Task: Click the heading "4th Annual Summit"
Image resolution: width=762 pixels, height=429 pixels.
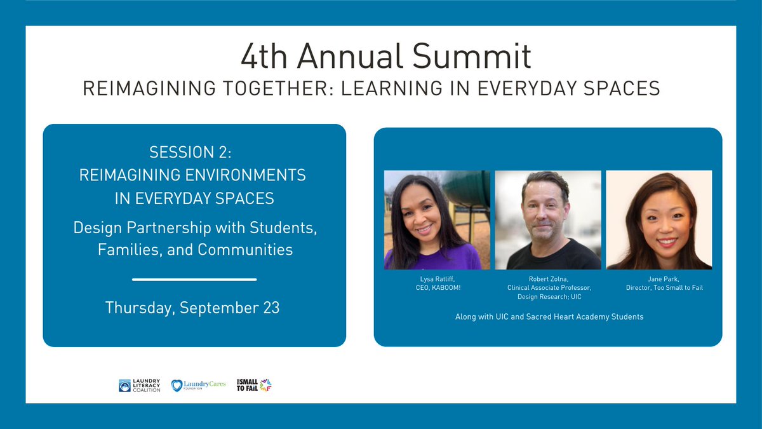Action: click(385, 57)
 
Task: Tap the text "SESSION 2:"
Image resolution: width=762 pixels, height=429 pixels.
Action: click(192, 152)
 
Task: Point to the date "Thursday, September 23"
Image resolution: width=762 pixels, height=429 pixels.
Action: click(192, 308)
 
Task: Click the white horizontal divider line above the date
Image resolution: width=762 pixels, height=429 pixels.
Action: click(194, 279)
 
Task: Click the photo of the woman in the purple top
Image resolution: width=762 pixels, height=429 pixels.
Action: click(437, 220)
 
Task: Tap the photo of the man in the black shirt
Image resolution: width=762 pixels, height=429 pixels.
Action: click(548, 220)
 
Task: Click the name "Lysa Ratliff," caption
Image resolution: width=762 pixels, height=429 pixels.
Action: click(438, 279)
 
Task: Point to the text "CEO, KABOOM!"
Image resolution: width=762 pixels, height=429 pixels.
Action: click(438, 288)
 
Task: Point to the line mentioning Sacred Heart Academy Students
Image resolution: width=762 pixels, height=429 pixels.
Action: click(549, 317)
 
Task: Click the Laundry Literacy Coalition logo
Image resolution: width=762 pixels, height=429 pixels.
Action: click(139, 385)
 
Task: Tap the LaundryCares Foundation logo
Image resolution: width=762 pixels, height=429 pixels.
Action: click(199, 385)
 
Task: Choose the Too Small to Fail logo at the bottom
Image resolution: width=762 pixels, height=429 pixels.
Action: click(253, 385)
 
